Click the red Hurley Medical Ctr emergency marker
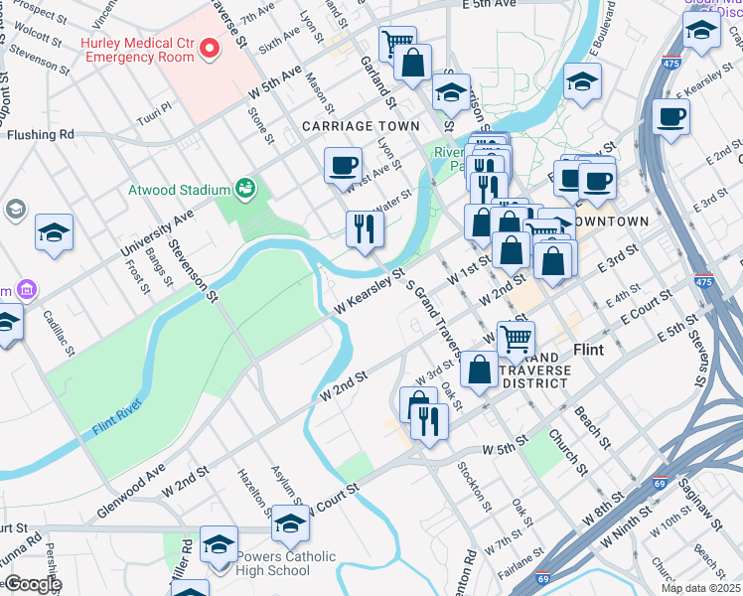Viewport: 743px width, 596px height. pos(210,48)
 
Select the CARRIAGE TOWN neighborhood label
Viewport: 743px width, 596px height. pos(361,126)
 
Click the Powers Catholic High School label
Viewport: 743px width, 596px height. pos(286,563)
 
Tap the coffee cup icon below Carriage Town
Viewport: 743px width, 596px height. pos(343,165)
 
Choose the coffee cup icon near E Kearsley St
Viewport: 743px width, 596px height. pos(671,116)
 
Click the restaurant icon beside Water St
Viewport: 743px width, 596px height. pos(365,229)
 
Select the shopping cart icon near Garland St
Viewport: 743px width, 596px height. pos(397,44)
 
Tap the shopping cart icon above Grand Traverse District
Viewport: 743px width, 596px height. pos(516,339)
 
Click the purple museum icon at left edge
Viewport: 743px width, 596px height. pos(26,291)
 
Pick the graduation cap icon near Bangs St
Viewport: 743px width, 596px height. pos(54,232)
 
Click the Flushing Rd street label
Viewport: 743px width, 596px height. pos(41,134)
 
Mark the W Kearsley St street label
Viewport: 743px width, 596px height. pos(370,293)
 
